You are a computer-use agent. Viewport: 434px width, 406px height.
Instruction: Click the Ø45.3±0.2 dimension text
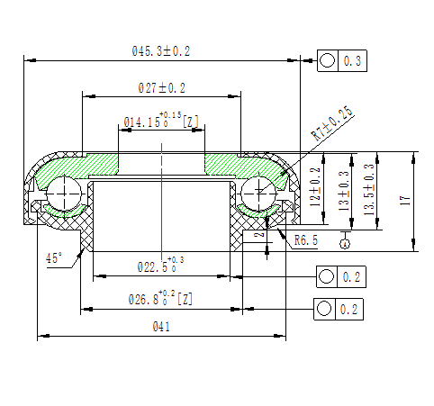pyautogui.click(x=161, y=52)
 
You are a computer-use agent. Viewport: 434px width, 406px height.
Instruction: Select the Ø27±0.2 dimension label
pyautogui.click(x=161, y=87)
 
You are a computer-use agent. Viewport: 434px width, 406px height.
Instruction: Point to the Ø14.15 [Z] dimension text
pyautogui.click(x=161, y=122)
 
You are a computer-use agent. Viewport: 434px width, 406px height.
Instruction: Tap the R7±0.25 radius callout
pyautogui.click(x=331, y=122)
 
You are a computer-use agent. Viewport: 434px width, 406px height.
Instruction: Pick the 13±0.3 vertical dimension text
pyautogui.click(x=343, y=190)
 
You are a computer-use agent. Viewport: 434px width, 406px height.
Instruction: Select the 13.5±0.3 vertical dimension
pyautogui.click(x=367, y=187)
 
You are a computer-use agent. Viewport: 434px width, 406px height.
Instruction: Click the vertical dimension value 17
pyautogui.click(x=405, y=200)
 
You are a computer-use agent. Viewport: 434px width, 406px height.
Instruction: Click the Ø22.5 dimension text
pyautogui.click(x=161, y=266)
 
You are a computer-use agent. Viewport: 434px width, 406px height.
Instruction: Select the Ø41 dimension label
pyautogui.click(x=161, y=327)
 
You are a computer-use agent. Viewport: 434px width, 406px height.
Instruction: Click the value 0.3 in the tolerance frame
pyautogui.click(x=352, y=61)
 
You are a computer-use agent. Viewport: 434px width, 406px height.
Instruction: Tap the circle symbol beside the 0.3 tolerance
pyautogui.click(x=327, y=61)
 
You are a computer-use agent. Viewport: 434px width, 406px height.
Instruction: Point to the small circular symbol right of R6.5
pyautogui.click(x=345, y=241)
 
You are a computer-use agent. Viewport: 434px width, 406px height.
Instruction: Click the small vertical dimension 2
pyautogui.click(x=258, y=235)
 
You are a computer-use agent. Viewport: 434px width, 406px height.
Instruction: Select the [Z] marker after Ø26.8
pyautogui.click(x=185, y=299)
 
